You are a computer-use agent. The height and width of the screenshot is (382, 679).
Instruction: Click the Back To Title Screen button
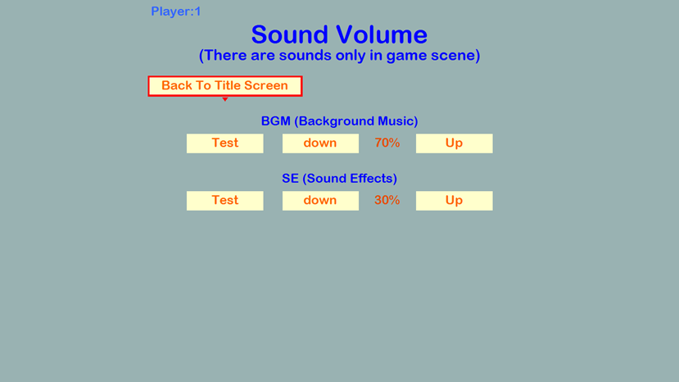coord(224,86)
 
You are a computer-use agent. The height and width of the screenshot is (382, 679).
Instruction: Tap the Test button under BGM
coord(224,143)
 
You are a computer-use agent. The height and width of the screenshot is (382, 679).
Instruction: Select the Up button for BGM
coord(454,143)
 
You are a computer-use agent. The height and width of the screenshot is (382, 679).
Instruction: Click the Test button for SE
coord(224,201)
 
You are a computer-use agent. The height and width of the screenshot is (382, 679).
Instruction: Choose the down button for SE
coord(320,201)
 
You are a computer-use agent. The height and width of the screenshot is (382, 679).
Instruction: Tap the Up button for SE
coord(454,201)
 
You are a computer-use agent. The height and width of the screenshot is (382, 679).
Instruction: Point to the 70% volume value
coord(387,143)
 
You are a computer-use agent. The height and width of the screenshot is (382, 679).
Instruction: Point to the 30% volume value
coord(387,201)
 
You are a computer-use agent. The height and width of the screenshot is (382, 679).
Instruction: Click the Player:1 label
coord(175,11)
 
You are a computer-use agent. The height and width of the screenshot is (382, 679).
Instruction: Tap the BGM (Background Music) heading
coord(339,121)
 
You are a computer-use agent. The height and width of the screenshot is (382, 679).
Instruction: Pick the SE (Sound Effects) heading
coord(339,179)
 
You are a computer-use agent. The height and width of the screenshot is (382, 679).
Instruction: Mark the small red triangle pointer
coord(224,99)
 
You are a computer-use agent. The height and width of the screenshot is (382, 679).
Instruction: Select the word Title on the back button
coord(229,86)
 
